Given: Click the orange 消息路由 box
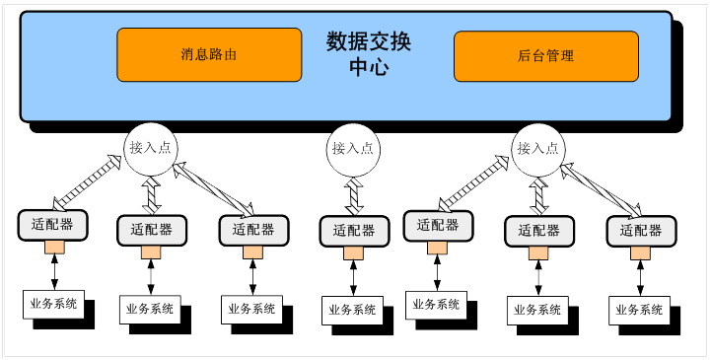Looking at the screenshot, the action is coord(209,55).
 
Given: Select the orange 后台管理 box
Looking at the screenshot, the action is coord(546,56).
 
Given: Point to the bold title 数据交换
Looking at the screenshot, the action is coord(368,42).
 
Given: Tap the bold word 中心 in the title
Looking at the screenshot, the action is coord(369,67).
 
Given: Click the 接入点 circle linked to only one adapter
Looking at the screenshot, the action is coord(353,149).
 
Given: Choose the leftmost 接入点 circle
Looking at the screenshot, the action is coord(151,149).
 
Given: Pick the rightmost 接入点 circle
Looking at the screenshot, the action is coord(538,149).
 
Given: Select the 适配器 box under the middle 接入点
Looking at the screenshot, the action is coord(354,231).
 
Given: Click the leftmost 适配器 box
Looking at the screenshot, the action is coord(52,225).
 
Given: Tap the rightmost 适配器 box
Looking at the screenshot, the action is coord(641,231).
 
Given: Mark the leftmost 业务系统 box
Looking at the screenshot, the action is coord(54,304).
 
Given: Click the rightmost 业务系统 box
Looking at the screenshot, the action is coord(639,310).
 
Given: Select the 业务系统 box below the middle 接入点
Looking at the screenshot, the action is coord(353,310).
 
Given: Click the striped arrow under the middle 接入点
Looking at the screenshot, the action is coord(354,196).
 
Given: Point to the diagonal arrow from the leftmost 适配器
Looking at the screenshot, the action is coord(87,183).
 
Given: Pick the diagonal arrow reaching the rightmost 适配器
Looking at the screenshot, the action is coord(601,190).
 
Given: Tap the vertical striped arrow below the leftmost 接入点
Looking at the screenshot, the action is coord(152,196).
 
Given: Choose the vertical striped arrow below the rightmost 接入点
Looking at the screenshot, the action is coord(539,196).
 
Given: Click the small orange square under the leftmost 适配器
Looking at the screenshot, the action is coord(54,248).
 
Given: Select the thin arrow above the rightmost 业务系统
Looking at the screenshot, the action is coord(640,278).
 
